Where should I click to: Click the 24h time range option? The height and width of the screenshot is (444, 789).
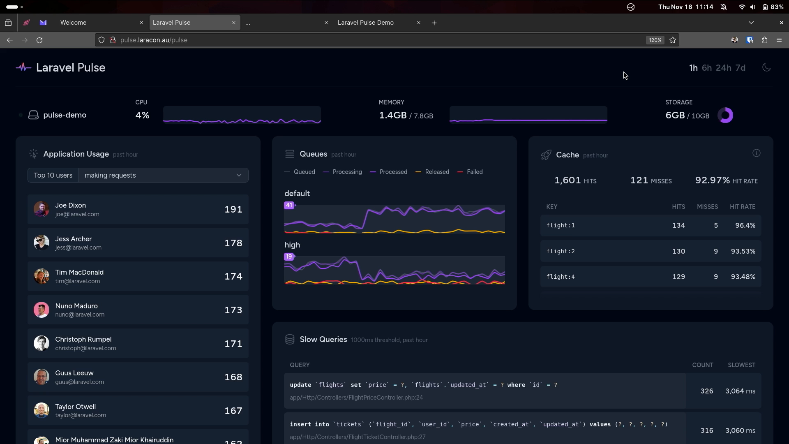point(723,68)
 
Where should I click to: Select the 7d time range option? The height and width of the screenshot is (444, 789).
point(740,68)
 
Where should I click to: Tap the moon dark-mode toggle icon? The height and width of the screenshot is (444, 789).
point(766,68)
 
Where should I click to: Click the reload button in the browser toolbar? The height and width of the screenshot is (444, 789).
point(39,40)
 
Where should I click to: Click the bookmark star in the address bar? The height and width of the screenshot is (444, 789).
point(673,40)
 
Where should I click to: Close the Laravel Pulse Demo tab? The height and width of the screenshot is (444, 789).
point(419,23)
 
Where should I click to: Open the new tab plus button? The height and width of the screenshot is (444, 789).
point(434,23)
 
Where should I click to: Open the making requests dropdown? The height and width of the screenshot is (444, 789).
point(163,176)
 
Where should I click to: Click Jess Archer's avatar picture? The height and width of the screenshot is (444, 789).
point(42,243)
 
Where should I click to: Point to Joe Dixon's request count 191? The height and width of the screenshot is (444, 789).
point(233,210)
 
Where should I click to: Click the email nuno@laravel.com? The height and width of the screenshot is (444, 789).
point(80,315)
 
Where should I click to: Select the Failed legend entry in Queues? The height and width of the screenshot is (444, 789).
point(474,172)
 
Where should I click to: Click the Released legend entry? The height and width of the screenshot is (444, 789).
point(437,172)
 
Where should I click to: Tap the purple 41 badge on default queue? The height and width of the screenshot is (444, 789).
point(289,205)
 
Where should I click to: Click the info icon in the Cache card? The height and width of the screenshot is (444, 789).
point(756,153)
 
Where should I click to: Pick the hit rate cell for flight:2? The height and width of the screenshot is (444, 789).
point(743,252)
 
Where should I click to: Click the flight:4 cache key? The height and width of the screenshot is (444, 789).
point(561,277)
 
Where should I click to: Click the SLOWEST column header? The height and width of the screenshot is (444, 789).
point(741,365)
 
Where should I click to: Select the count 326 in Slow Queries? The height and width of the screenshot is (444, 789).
point(706,391)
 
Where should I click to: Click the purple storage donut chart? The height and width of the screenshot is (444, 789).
point(725,116)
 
